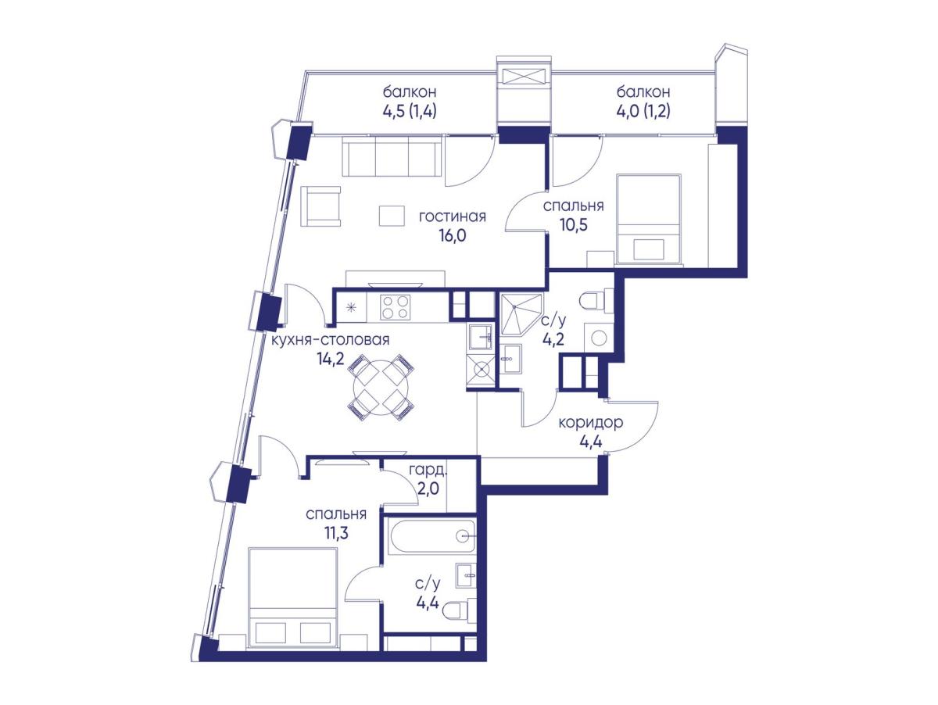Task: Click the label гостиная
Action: pyautogui.click(x=452, y=217)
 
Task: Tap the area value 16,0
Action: pyautogui.click(x=452, y=235)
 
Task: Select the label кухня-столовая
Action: pyautogui.click(x=331, y=340)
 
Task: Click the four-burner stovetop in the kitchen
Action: pyautogui.click(x=395, y=307)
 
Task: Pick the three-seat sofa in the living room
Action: pyautogui.click(x=392, y=156)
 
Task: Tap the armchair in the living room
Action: pyautogui.click(x=321, y=207)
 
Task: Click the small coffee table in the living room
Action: pyautogui.click(x=392, y=216)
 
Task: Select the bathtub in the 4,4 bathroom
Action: pyautogui.click(x=431, y=538)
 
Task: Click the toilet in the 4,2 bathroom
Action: pyautogui.click(x=597, y=302)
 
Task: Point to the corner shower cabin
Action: pyautogui.click(x=521, y=313)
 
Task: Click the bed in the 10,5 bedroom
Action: pyautogui.click(x=648, y=218)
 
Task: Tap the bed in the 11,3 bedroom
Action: pyautogui.click(x=292, y=603)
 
